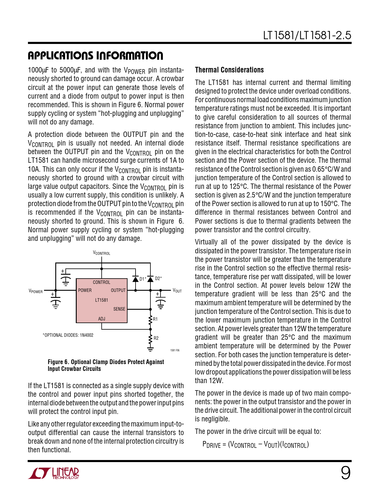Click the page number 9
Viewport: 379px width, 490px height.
click(345, 473)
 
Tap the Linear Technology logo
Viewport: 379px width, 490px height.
click(54, 473)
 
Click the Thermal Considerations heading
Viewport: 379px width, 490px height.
click(229, 70)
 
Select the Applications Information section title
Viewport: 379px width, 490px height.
click(95, 56)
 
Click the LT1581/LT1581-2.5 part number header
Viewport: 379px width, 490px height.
click(307, 35)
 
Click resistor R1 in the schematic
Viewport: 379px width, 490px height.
click(150, 319)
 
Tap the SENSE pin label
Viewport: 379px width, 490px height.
click(119, 309)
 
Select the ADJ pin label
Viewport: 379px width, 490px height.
click(102, 319)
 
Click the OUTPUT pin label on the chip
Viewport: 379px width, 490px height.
click(118, 290)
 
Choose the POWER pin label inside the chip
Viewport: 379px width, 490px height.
click(85, 290)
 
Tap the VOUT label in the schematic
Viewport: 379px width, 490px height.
click(177, 291)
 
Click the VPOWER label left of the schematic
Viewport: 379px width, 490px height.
click(36, 291)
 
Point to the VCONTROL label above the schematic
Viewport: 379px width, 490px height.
click(102, 253)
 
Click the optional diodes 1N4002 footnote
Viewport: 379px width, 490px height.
click(68, 335)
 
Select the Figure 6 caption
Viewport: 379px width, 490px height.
click(106, 365)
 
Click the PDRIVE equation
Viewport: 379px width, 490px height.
click(256, 445)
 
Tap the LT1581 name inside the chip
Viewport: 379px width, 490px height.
click(102, 300)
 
